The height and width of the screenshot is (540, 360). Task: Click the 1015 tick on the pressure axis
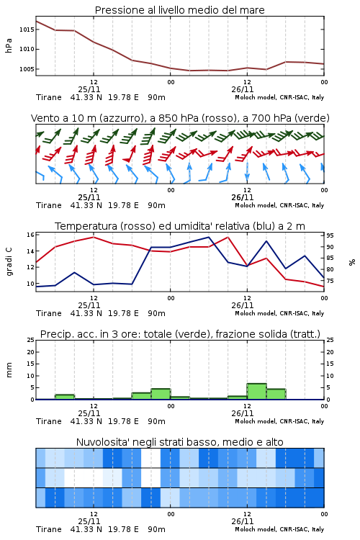point(27,30)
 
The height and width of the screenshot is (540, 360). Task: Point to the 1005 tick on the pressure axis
point(27,69)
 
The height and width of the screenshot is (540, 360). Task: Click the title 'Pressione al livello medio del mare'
point(180,10)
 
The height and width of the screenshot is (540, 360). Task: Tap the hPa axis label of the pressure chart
point(9,45)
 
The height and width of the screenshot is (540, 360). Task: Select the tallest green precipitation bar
point(256,391)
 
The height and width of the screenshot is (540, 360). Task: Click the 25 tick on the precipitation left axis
point(31,340)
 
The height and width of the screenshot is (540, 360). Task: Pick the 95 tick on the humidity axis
point(330,235)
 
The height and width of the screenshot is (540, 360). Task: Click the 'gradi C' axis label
point(9,262)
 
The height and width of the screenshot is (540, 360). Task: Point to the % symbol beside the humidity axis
point(352,262)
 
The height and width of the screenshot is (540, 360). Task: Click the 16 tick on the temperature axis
point(31,235)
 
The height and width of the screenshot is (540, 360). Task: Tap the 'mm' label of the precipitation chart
point(9,370)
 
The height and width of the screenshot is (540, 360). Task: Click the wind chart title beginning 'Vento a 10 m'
point(180,118)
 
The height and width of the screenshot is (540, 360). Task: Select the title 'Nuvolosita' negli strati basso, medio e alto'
point(180,442)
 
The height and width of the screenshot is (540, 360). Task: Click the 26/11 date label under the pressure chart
point(243,89)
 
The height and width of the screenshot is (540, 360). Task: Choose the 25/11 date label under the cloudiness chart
point(89,521)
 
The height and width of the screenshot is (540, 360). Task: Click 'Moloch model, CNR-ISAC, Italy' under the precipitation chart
point(279,421)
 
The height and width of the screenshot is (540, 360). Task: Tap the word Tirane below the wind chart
point(49,205)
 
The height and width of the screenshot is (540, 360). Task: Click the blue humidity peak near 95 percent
point(208,238)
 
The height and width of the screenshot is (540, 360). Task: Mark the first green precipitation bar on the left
point(65,397)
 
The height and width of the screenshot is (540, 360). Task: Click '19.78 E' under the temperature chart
point(123,313)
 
